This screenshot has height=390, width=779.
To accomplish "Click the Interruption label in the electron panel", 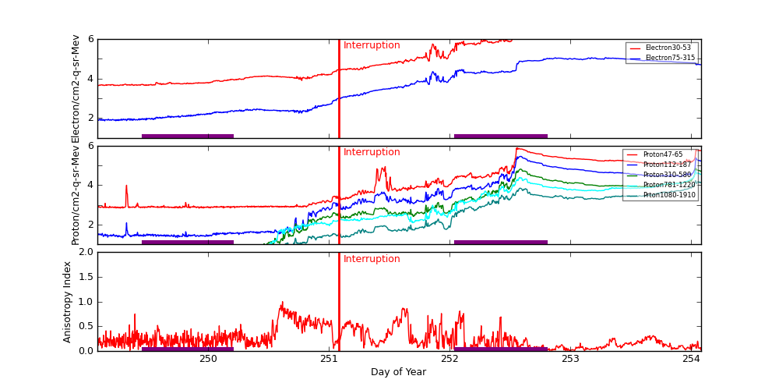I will pos(372,45).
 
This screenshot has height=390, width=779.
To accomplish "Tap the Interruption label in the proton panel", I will pos(372,152).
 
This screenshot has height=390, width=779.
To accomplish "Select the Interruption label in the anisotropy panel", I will pos(372,259).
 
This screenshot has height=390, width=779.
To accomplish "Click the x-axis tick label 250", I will pos(208,359).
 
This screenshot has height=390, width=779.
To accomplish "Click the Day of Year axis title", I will pos(398,372).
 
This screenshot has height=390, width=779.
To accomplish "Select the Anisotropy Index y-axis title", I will pos(68,301).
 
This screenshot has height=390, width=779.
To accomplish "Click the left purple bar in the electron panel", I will pos(188,136).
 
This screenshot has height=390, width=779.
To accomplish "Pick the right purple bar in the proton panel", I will pos(500,243).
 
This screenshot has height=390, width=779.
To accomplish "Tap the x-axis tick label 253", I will pos(570,359).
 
